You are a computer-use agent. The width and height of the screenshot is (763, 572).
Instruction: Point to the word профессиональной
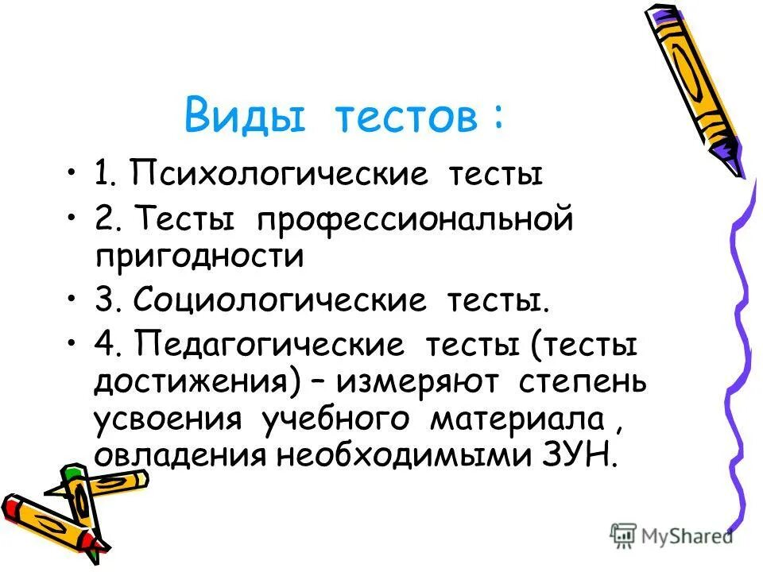tap(413, 218)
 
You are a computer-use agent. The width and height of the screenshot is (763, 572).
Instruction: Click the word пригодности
tap(199, 255)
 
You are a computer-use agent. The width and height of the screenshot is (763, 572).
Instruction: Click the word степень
tap(583, 384)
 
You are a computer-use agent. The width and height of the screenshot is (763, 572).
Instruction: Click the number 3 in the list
tap(104, 301)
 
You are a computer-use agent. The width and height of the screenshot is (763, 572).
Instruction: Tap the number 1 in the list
tap(103, 173)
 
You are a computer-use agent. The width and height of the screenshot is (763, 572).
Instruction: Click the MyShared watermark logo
tap(672, 535)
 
